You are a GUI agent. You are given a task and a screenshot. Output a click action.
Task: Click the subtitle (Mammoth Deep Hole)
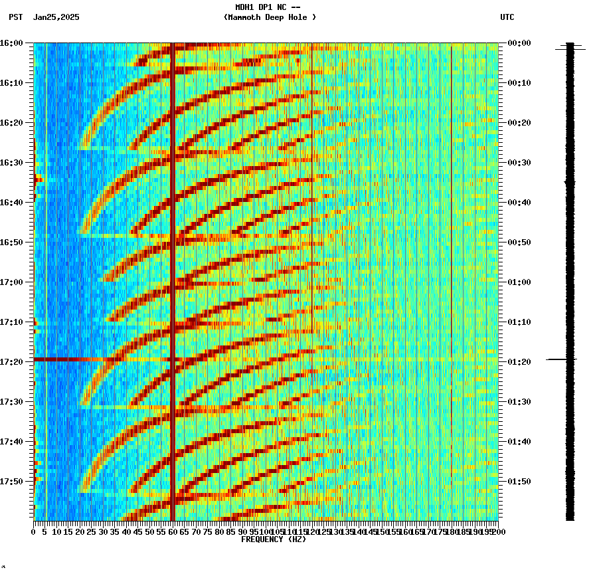tap(270, 17)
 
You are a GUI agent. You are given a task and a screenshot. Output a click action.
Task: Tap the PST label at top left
tap(15, 17)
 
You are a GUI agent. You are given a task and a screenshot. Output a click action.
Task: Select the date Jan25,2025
tap(56, 17)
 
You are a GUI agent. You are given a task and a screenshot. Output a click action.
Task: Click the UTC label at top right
tap(507, 17)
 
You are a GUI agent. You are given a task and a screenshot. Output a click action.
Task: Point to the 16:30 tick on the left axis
tap(12, 162)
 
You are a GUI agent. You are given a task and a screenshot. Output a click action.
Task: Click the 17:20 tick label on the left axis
tap(12, 361)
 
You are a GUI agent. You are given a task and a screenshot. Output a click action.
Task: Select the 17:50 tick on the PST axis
tap(12, 481)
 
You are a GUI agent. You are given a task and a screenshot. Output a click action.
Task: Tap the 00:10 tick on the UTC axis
tap(519, 82)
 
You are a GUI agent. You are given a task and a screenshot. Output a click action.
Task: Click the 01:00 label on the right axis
tap(519, 282)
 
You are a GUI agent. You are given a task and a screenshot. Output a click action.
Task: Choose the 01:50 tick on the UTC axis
tap(519, 481)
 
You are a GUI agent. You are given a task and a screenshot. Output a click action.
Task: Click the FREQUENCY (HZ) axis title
tap(273, 539)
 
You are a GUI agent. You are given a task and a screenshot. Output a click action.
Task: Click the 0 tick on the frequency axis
tap(34, 532)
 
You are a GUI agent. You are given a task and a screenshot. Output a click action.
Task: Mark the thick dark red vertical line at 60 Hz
tap(172, 266)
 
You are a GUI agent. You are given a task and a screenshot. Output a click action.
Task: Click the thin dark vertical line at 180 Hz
tap(451, 199)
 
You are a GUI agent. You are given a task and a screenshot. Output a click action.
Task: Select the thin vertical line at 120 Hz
tap(311, 199)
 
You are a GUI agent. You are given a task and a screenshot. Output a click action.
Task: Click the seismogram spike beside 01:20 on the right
tap(561, 359)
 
